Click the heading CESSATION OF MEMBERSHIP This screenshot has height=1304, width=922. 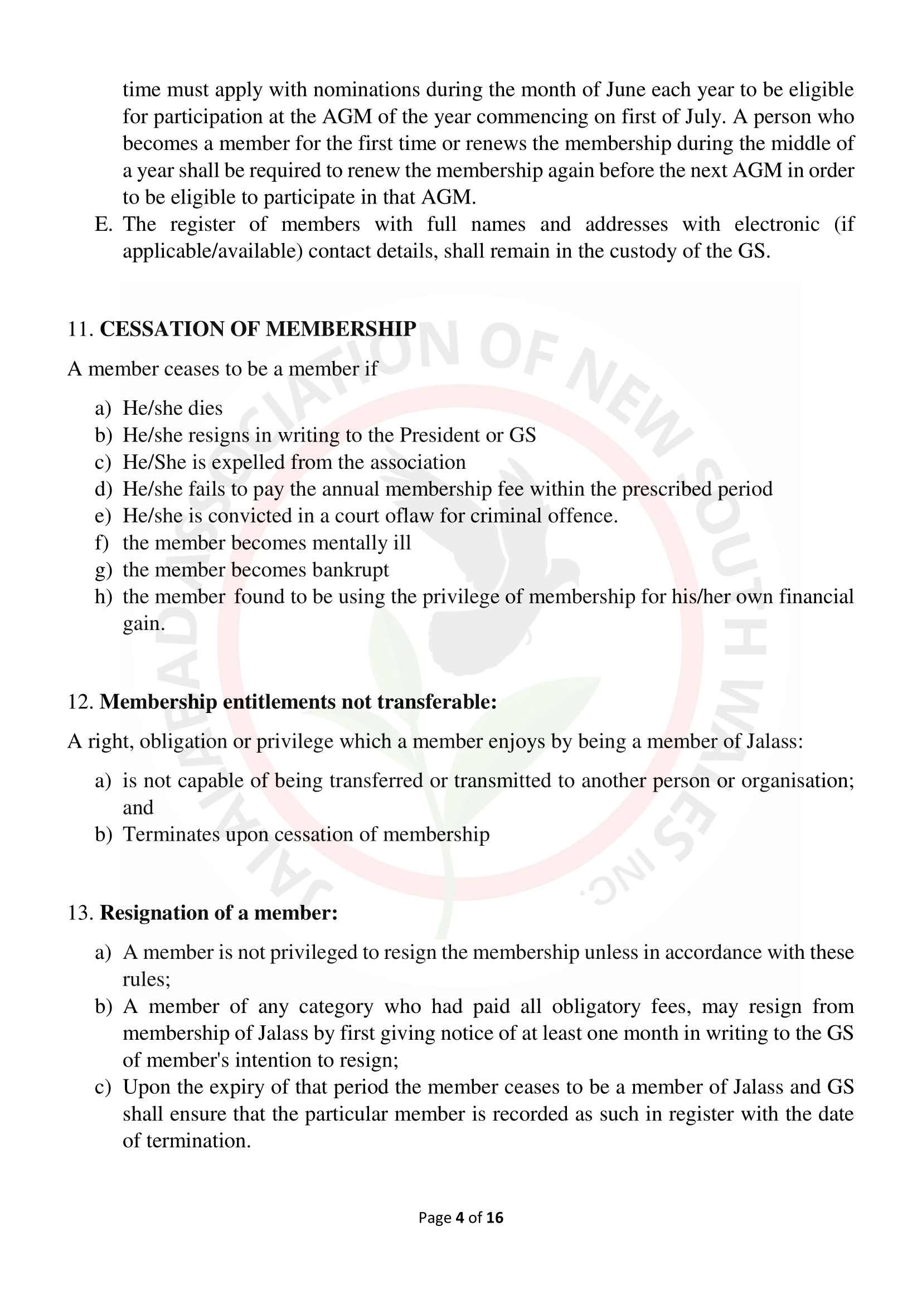click(x=258, y=329)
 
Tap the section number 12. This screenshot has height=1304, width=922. click(x=80, y=702)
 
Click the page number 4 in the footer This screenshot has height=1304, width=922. click(x=460, y=1217)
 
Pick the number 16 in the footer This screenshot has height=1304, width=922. click(x=494, y=1217)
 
